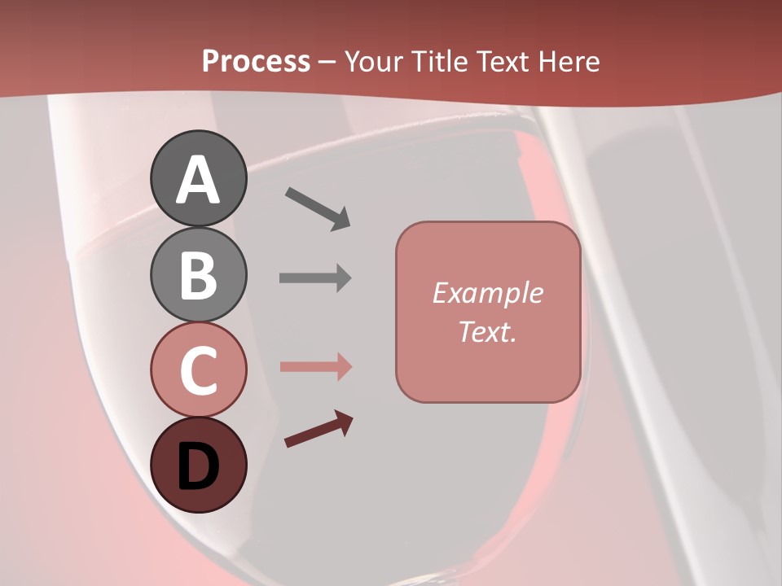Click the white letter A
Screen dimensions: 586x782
pos(198,181)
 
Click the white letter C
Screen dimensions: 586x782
pos(198,370)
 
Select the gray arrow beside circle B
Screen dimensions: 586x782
pos(315,278)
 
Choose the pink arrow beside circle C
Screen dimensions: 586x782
pos(315,367)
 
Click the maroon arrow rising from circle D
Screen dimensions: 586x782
pos(319,430)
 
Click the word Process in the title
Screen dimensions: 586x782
pos(256,62)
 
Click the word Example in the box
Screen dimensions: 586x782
pos(487,293)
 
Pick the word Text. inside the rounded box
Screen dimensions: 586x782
pos(487,331)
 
